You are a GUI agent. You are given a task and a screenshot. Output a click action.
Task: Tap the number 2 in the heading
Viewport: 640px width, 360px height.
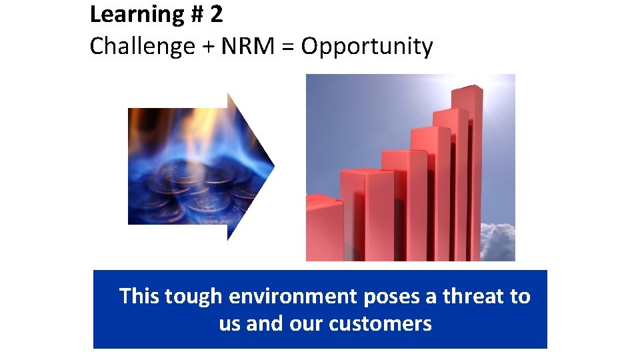coord(216,13)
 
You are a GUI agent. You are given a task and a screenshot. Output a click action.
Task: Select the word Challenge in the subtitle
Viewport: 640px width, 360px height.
coord(141,47)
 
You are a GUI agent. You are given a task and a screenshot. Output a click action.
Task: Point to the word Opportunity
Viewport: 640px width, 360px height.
coord(367,47)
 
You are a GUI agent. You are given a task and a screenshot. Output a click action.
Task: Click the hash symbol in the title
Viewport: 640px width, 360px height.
coord(195,14)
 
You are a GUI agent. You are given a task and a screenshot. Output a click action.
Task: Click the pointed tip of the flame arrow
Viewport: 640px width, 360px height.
coord(273,166)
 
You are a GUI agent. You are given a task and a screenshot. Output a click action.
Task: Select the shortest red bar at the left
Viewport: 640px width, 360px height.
coord(324,227)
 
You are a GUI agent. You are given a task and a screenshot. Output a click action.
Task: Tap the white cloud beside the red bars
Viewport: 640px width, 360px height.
coord(499,240)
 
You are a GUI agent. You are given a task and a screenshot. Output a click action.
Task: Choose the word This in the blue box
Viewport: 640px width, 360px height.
coord(139,296)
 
